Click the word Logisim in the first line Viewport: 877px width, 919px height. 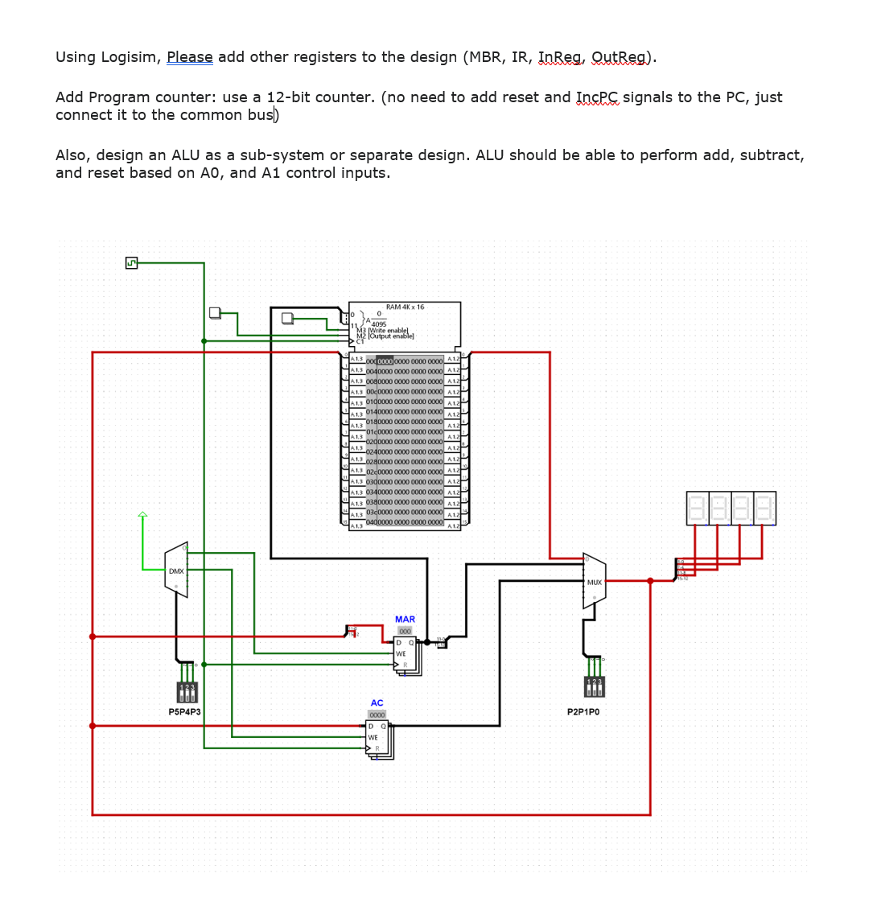click(132, 57)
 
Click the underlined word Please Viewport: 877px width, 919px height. click(190, 57)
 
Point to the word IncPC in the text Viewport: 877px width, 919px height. click(598, 97)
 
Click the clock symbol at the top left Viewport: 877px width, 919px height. click(131, 263)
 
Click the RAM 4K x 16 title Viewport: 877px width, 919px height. click(404, 307)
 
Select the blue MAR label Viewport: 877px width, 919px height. click(405, 620)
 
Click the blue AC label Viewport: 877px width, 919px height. click(377, 703)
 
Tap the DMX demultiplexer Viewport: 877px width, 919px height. click(176, 571)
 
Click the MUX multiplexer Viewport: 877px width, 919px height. click(595, 581)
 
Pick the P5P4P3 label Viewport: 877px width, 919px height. click(184, 712)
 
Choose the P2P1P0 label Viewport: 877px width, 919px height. click(583, 712)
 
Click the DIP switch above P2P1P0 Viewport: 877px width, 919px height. click(594, 686)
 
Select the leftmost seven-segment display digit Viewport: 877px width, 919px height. click(698, 509)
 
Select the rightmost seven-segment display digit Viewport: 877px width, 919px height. click(764, 509)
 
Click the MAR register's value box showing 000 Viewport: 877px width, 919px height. click(405, 631)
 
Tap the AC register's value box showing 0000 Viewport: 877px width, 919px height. click(377, 715)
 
